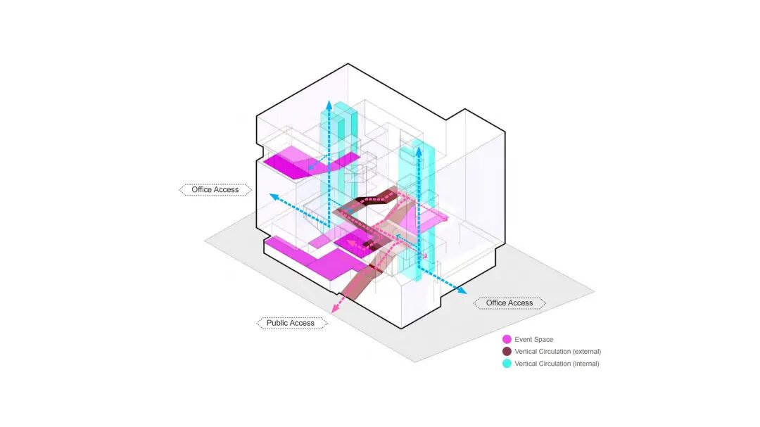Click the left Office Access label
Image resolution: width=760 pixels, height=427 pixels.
(215, 189)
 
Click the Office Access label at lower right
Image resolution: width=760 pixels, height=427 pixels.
(509, 303)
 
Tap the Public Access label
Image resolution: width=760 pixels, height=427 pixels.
(291, 323)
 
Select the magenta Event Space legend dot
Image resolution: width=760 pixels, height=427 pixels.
(507, 340)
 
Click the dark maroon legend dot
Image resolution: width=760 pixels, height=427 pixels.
(507, 352)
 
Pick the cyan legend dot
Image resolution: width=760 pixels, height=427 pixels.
(507, 364)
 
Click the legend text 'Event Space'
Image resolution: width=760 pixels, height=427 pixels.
(533, 340)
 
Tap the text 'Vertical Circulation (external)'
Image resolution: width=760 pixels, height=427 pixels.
(557, 352)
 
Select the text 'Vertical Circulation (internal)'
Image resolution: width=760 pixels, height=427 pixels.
(557, 364)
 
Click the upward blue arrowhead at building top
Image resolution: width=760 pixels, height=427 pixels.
(327, 104)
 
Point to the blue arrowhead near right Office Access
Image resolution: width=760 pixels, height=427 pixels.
(462, 291)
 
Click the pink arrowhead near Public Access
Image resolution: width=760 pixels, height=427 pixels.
(334, 307)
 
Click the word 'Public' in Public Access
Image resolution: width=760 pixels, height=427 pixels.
(279, 323)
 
